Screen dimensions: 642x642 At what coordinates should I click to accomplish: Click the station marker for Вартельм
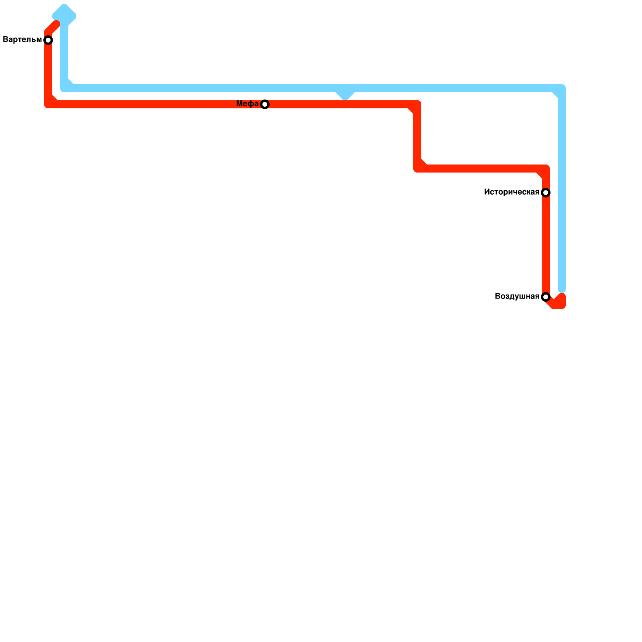click(x=48, y=40)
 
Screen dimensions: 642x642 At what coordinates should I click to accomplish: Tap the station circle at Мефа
click(x=265, y=104)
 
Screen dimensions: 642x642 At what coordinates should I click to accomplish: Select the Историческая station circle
click(x=546, y=193)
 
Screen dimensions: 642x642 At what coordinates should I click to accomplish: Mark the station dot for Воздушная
click(x=546, y=297)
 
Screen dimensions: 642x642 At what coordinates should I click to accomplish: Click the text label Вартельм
click(x=22, y=40)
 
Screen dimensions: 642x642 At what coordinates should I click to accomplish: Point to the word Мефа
click(x=247, y=104)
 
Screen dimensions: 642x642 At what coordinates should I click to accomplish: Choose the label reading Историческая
click(x=511, y=192)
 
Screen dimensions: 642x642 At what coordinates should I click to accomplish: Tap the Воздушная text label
click(x=517, y=297)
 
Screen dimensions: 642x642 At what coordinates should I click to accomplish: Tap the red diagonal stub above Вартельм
click(x=53, y=28)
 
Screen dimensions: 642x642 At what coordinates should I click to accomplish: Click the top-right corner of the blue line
click(x=561, y=89)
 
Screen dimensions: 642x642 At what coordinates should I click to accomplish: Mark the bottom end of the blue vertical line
click(x=562, y=288)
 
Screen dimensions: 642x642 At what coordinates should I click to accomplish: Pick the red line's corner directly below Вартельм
click(x=49, y=104)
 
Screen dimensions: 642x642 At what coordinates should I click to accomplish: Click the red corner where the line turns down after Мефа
click(x=417, y=105)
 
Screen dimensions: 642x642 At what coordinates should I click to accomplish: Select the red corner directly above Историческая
click(x=545, y=169)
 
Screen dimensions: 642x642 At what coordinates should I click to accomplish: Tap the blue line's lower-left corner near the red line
click(x=65, y=88)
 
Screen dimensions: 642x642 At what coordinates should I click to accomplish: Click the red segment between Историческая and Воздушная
click(x=546, y=245)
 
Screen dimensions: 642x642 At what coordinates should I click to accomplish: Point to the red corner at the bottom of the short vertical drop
click(x=418, y=169)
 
